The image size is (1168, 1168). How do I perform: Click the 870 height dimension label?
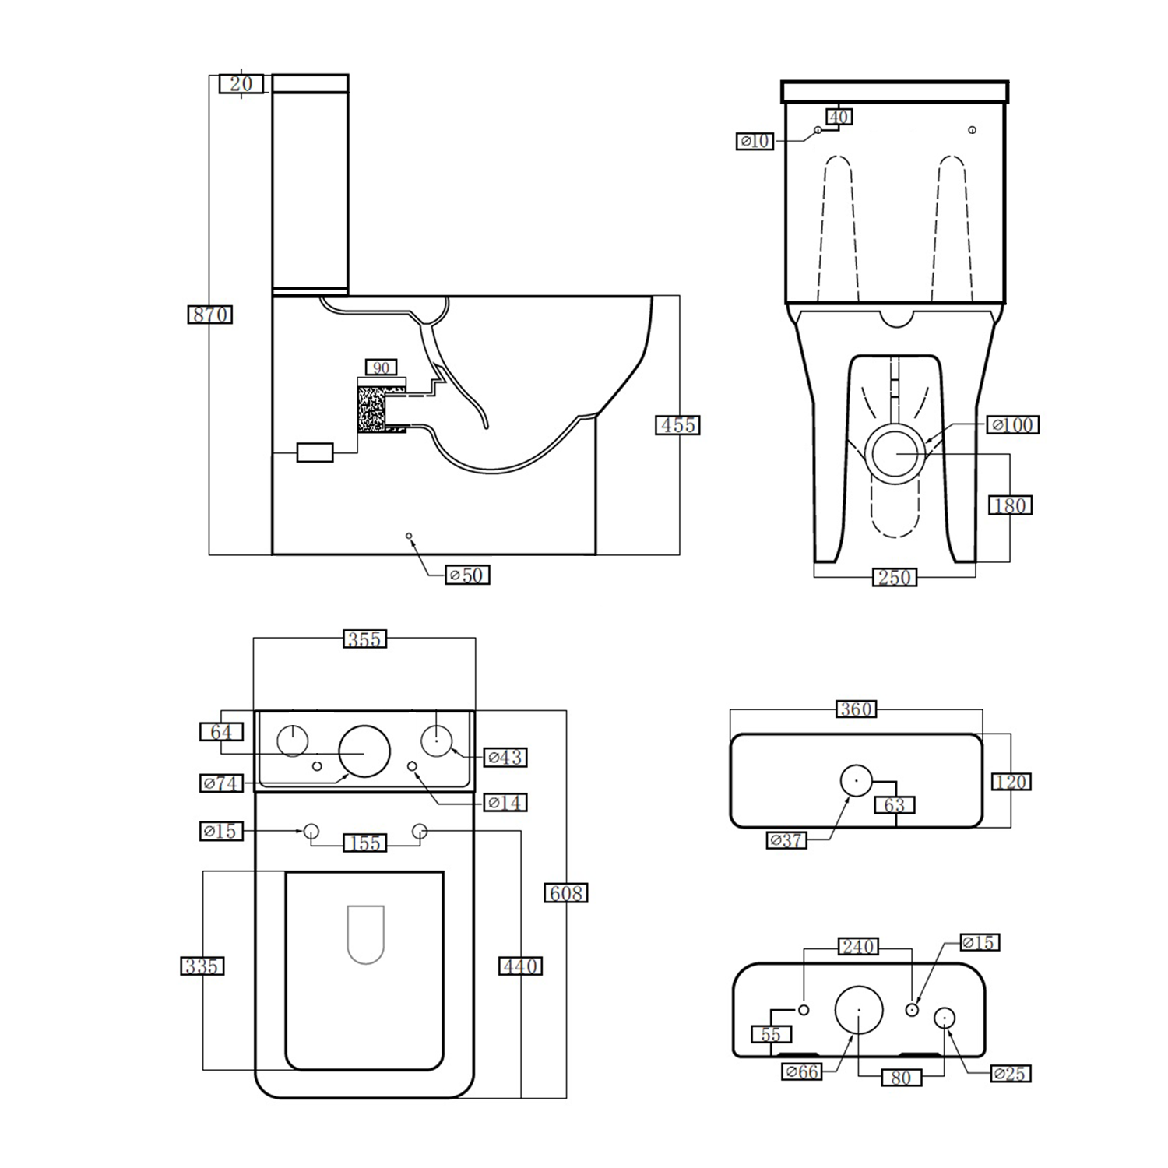pos(210,315)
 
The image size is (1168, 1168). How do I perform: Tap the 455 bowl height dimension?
pos(677,425)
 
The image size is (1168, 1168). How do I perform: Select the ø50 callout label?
pos(467,575)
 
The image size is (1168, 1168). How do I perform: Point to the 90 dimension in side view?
pos(381,368)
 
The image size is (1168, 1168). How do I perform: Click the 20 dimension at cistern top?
pos(241,83)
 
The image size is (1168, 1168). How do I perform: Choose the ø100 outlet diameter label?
pos(1012,425)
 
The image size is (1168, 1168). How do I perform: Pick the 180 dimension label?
pos(1010,505)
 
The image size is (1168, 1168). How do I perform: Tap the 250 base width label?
pos(894,578)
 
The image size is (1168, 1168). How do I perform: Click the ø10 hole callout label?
pos(755,141)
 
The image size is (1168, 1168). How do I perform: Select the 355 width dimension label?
pos(364,639)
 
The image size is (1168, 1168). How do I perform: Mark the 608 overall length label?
pos(565,893)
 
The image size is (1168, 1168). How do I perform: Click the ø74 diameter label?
pos(222,783)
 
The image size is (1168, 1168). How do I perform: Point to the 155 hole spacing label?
pos(365,843)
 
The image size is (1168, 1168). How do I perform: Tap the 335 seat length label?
pos(202,966)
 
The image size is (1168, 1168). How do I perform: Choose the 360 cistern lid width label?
pos(856,709)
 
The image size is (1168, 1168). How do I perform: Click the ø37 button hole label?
pos(786,840)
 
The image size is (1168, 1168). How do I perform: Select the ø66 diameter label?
pos(802,1072)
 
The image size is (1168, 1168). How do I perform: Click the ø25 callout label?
pos(1011,1074)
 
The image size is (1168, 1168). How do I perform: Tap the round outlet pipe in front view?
pos(897,452)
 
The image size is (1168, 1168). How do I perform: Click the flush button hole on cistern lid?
pos(856,780)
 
